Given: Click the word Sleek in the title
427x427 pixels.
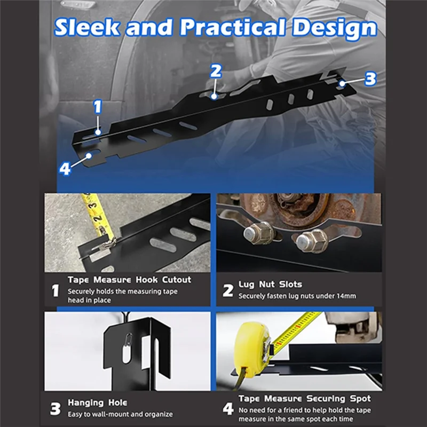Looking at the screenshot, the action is tap(87, 27).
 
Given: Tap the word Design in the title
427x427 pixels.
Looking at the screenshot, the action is tap(335, 29).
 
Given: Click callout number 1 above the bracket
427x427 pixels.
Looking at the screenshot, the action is tap(98, 107).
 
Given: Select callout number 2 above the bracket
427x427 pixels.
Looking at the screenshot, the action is tap(216, 71).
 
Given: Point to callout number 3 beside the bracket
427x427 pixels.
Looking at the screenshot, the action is tap(370, 78).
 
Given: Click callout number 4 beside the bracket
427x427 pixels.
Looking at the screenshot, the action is tap(65, 169).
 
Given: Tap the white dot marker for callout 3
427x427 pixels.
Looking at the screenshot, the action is tap(342, 83).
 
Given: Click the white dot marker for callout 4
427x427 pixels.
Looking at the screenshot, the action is tap(89, 156).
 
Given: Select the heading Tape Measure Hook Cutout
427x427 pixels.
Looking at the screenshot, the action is tap(129, 280).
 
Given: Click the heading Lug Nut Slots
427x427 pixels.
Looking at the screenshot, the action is tap(270, 284).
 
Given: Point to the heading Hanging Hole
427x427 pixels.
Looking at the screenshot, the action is tap(97, 402).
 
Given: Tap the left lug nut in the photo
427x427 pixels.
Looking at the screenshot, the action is tap(259, 233).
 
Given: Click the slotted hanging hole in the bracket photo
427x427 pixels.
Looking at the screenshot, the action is tap(126, 348).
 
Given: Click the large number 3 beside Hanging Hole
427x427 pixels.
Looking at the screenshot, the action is tap(56, 408).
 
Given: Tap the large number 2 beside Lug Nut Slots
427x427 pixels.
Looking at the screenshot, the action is tap(228, 290).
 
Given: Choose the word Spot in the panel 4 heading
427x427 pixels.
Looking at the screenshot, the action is tap(360, 399).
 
